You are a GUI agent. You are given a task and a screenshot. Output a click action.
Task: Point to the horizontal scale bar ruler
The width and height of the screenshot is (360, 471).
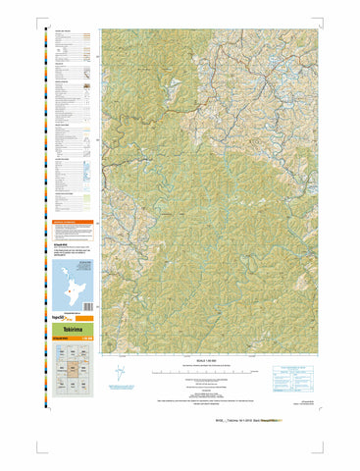click(205, 373)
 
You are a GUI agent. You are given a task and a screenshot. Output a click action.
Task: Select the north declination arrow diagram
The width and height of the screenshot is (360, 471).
click(120, 374)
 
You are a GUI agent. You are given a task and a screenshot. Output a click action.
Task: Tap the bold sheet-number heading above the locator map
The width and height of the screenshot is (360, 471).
click(63, 239)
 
